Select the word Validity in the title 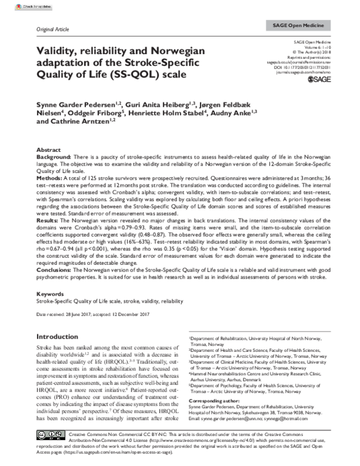pyautogui.click(x=59, y=51)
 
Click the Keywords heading pyautogui.click(x=50, y=294)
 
